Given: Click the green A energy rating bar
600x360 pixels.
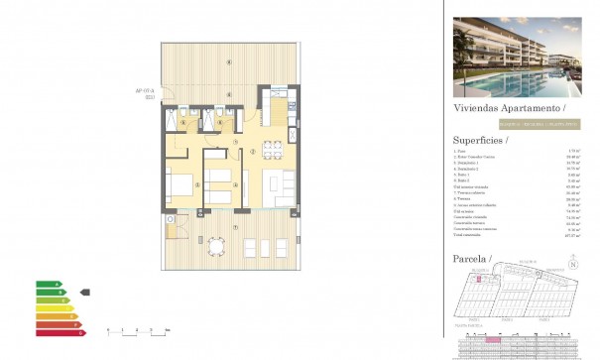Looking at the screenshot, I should click(x=47, y=285).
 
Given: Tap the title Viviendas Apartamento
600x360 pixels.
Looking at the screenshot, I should click(x=509, y=107).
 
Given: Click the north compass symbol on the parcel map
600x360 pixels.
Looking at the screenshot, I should click(x=573, y=264).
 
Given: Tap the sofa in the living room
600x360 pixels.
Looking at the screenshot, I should click(x=283, y=184).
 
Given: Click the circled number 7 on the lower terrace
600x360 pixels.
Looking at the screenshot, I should click(x=234, y=228).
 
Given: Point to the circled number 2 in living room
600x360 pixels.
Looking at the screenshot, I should click(x=252, y=152).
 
